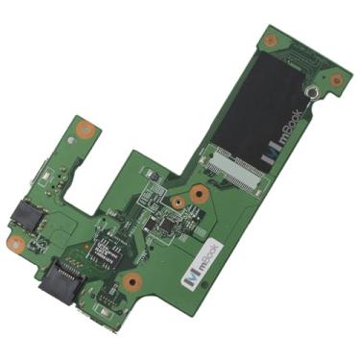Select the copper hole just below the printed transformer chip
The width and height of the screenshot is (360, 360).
click(132, 282)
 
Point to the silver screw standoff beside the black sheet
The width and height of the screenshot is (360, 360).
click(312, 93)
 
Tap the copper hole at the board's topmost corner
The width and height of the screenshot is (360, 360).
click(272, 41)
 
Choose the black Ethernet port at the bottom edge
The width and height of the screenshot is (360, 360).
click(59, 277)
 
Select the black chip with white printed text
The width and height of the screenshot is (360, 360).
click(104, 252)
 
